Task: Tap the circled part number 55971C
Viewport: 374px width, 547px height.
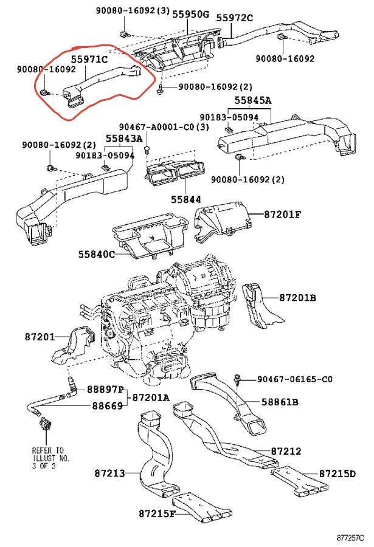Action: tap(90, 60)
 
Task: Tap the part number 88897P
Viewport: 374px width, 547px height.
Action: tap(105, 389)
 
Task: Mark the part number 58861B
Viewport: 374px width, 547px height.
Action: tap(279, 402)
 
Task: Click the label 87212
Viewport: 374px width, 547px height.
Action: tap(286, 452)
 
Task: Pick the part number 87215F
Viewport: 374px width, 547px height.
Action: tap(156, 514)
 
